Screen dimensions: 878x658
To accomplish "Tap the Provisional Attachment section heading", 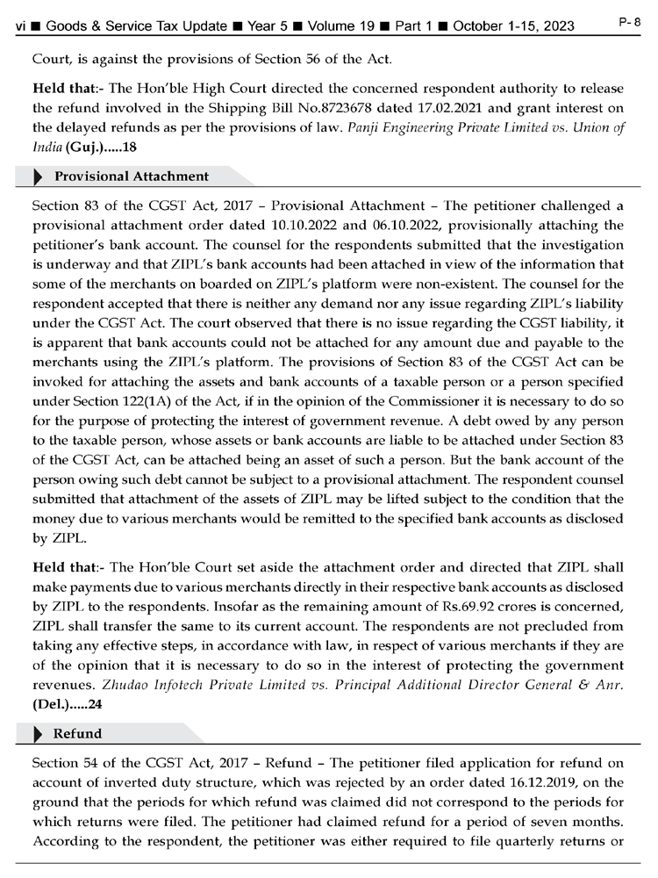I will (132, 176).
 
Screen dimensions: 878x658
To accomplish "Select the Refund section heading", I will (78, 733).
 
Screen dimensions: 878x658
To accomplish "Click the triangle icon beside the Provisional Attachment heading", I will (38, 176).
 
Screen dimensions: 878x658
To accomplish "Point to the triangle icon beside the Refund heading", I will (38, 733).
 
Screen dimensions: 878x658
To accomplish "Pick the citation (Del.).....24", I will (67, 703).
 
